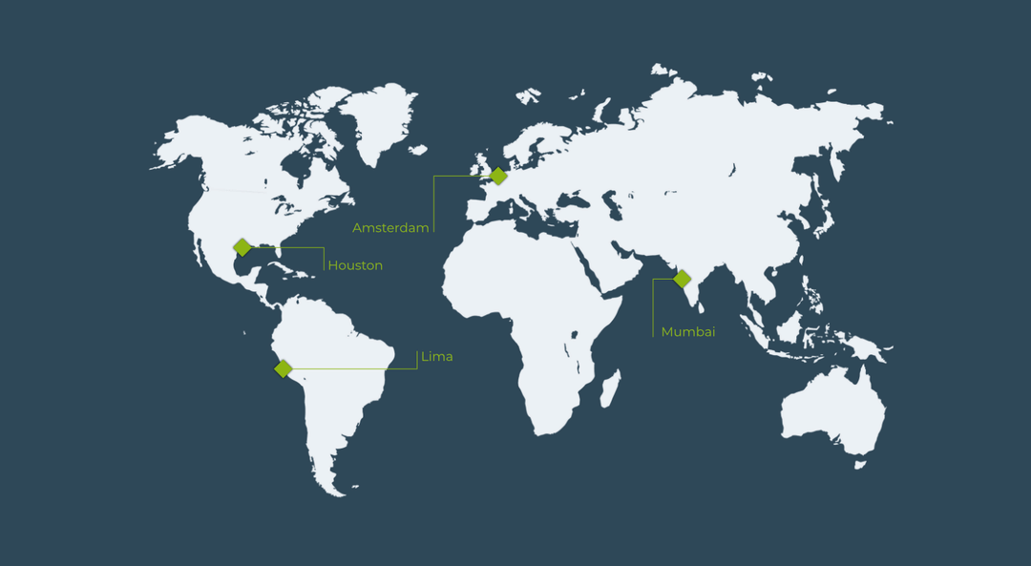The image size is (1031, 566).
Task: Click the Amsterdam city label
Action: tap(390, 228)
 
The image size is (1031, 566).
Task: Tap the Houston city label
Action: tap(355, 265)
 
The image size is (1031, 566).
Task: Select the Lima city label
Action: tap(437, 357)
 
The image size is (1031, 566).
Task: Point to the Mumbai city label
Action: tap(688, 332)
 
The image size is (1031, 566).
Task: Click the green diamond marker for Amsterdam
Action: tap(498, 176)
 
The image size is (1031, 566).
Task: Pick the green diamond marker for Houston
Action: tap(242, 247)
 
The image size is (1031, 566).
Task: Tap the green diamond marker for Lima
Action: tap(284, 368)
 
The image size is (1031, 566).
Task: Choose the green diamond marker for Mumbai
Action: tap(682, 279)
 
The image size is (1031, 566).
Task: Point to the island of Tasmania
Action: tap(859, 465)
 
